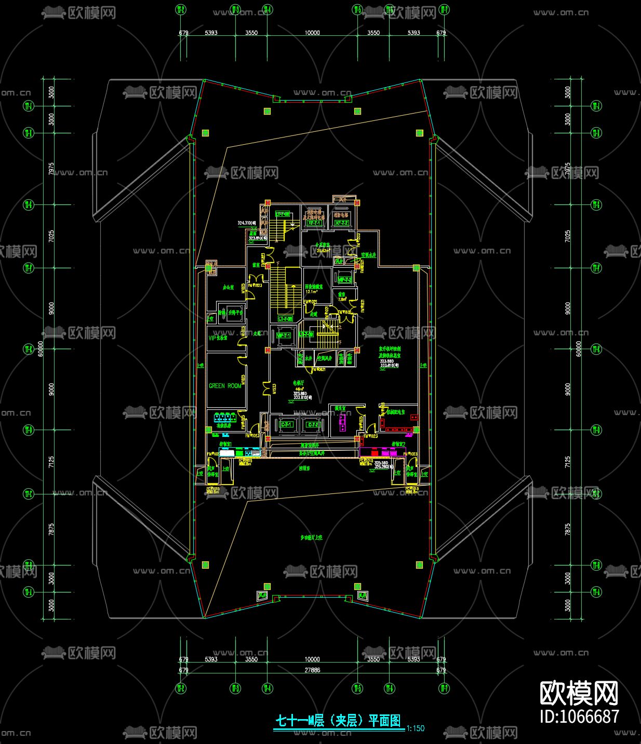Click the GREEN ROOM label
(225, 386)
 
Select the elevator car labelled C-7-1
(287, 425)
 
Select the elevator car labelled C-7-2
(313, 425)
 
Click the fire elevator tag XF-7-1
(313, 223)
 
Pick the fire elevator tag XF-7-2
(342, 223)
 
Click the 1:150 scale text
(416, 728)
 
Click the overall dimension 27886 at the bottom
(312, 670)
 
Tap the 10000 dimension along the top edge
(312, 33)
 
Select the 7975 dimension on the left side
(51, 169)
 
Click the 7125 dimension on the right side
(567, 462)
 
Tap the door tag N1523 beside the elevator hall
(274, 389)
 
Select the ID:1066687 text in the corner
(579, 717)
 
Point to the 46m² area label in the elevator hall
(299, 389)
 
